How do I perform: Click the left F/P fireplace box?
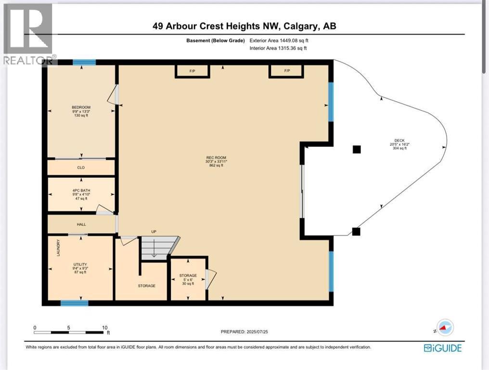coord(192,71)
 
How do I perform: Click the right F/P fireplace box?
coord(286,71)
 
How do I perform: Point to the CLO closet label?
coord(81,168)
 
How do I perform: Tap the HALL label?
coord(81,225)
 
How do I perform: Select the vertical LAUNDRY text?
coord(58,248)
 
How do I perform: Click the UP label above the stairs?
coord(154,232)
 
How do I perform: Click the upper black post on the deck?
coord(356,149)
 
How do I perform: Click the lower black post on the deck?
coord(356,232)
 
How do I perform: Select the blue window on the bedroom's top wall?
coord(84,62)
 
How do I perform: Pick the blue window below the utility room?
coord(75,303)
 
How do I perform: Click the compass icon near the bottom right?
coord(445,328)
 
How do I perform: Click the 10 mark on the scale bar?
coord(104,327)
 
